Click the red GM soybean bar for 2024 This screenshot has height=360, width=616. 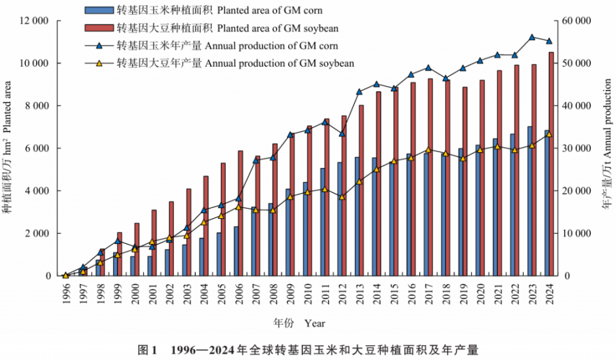point(551,164)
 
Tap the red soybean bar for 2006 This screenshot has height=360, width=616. point(241,213)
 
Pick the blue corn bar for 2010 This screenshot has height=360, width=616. point(305,228)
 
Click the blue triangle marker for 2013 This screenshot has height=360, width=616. point(359,92)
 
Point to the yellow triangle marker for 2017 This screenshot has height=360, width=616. point(428,150)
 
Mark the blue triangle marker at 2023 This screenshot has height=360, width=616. point(532,37)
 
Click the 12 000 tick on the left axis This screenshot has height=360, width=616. point(35,21)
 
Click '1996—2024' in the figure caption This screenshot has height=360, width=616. point(200,350)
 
